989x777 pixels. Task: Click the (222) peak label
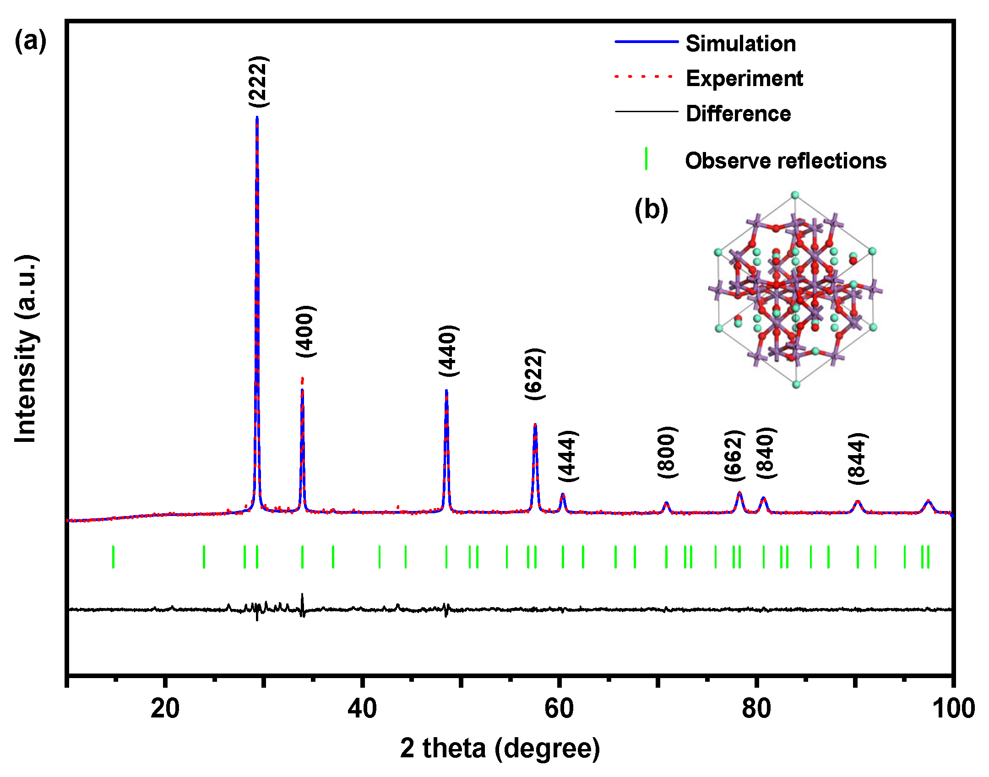point(258,82)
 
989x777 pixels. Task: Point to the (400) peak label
point(305,331)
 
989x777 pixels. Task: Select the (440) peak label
point(448,351)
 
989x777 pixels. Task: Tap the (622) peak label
point(534,374)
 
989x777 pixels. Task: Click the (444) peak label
point(568,456)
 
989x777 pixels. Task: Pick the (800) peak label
point(667,452)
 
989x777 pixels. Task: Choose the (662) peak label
point(734,456)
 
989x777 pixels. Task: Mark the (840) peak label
point(766,453)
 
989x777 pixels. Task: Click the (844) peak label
point(858,458)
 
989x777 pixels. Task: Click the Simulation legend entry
point(740,43)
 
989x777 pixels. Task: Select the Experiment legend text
point(744,78)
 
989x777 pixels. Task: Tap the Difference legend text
point(738,114)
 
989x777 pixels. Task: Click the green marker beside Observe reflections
point(646,159)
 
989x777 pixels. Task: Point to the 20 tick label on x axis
point(165,708)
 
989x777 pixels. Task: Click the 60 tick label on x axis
point(559,708)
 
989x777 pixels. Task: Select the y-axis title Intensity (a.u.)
point(26,349)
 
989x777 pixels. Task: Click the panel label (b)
point(651,209)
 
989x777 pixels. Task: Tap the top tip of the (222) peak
point(257,117)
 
